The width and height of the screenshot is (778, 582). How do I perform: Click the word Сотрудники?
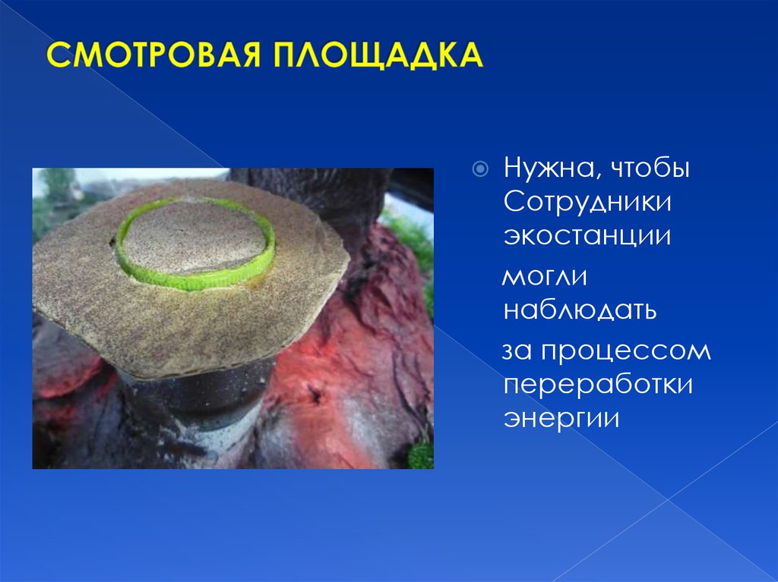[x=589, y=202]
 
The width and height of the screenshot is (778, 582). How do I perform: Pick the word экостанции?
[x=587, y=235]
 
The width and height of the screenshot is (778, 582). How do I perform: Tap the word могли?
[x=545, y=277]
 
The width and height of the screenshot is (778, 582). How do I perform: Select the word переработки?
[x=598, y=385]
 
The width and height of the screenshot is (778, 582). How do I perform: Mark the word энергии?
[x=561, y=418]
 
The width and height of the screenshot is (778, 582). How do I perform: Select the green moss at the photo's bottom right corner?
[x=420, y=455]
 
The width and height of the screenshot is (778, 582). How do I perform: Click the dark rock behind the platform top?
[x=319, y=193]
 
